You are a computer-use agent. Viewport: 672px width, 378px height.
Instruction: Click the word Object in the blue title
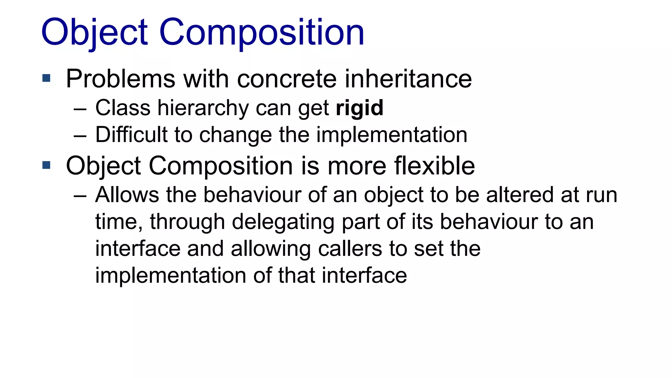(94, 32)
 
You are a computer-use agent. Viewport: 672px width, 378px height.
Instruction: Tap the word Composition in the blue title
(262, 32)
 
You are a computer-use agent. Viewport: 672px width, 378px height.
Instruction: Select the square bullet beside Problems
(46, 78)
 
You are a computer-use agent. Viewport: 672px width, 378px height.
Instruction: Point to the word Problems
(120, 79)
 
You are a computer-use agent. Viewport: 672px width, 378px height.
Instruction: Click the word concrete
(287, 79)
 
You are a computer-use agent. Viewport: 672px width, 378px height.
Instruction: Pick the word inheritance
(408, 79)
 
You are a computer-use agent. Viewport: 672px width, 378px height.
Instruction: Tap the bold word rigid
(360, 108)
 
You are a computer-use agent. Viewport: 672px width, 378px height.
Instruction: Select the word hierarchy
(203, 108)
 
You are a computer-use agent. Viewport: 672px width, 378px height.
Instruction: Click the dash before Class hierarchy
(80, 108)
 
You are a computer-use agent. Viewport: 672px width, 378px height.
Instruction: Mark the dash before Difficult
(80, 135)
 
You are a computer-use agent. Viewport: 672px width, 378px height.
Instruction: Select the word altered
(520, 195)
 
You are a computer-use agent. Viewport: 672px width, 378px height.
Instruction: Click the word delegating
(283, 222)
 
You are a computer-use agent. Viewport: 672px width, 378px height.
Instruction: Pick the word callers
(350, 248)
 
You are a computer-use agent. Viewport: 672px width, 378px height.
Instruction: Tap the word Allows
(127, 195)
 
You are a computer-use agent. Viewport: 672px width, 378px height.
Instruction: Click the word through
(187, 222)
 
